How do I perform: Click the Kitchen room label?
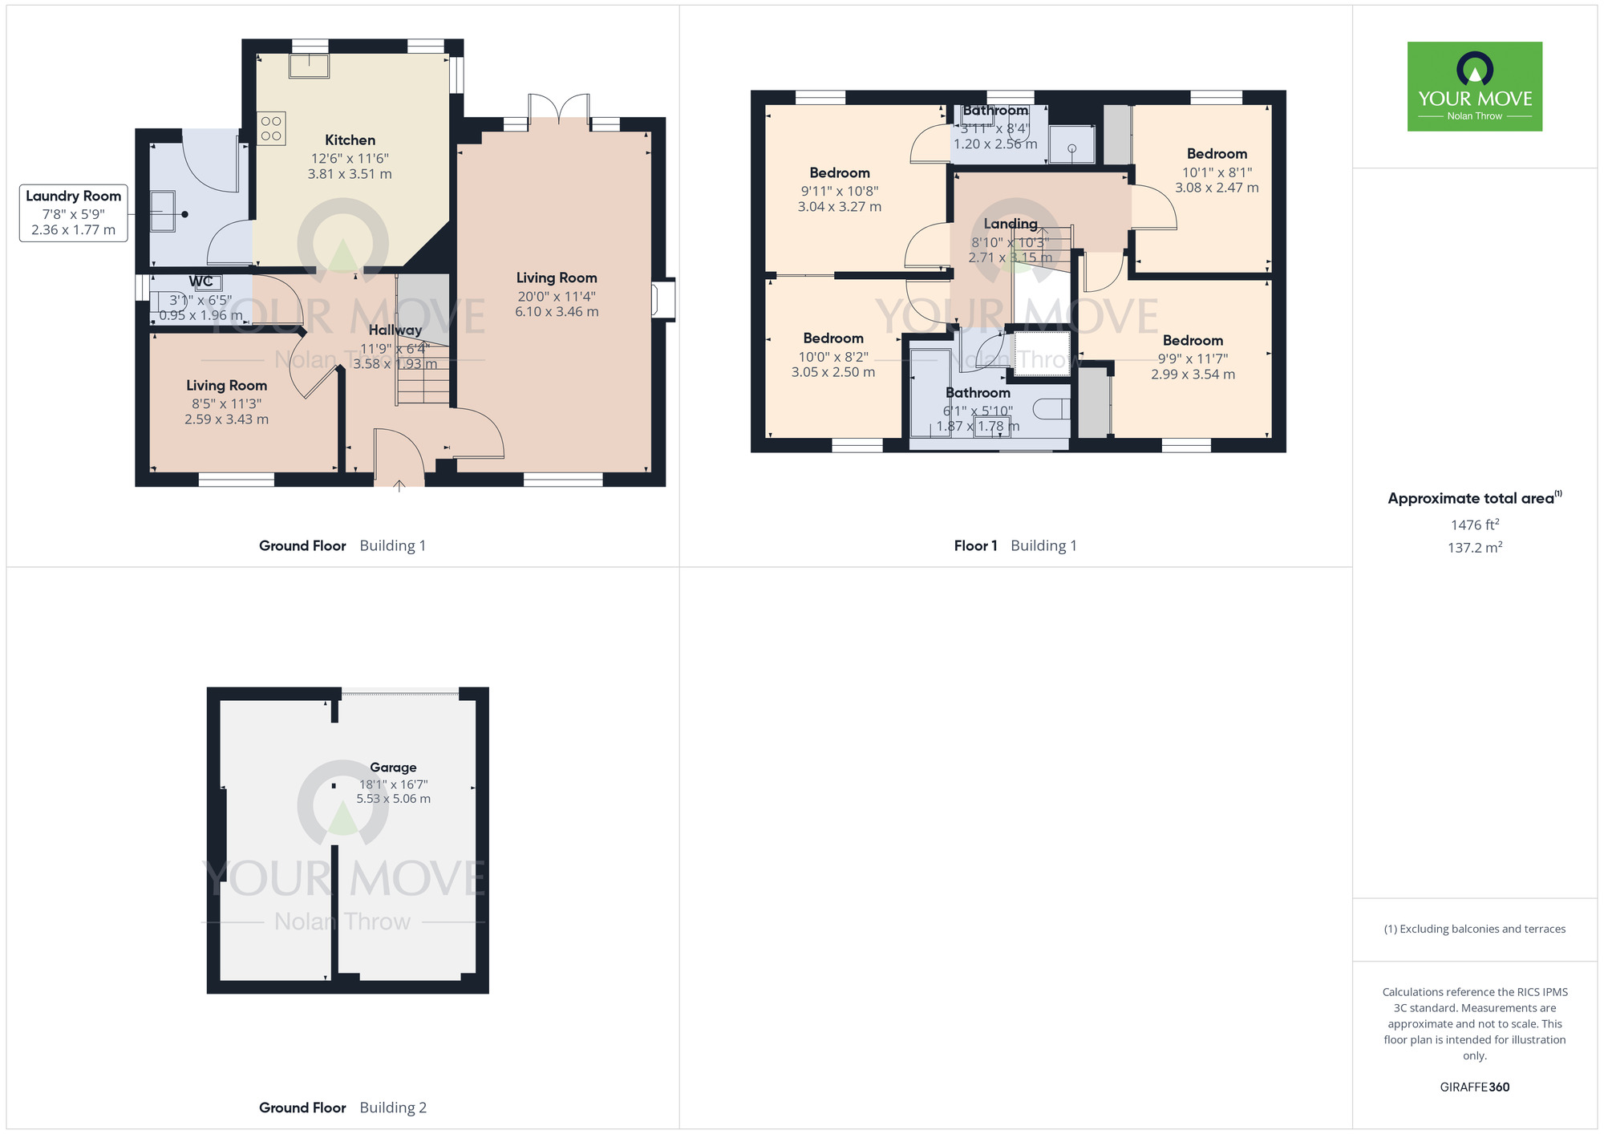click(350, 140)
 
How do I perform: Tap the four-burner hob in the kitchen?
click(271, 129)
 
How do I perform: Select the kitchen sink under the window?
click(309, 65)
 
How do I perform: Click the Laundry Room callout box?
click(73, 213)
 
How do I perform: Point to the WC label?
click(201, 281)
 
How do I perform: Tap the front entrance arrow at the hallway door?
click(399, 485)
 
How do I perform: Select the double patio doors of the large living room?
click(559, 107)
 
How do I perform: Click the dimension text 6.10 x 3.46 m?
click(557, 312)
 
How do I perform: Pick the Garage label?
click(393, 767)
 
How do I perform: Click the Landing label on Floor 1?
click(1011, 225)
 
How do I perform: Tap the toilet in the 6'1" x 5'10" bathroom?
click(1051, 409)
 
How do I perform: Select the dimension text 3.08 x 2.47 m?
click(1217, 188)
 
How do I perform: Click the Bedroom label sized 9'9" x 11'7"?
click(1193, 341)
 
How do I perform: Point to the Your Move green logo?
click(1474, 87)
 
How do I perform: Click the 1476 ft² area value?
click(1474, 525)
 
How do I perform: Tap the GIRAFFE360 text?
click(1474, 1087)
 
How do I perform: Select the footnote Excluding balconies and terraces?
click(1474, 929)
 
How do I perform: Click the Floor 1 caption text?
click(975, 546)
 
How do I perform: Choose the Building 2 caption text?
click(393, 1108)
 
